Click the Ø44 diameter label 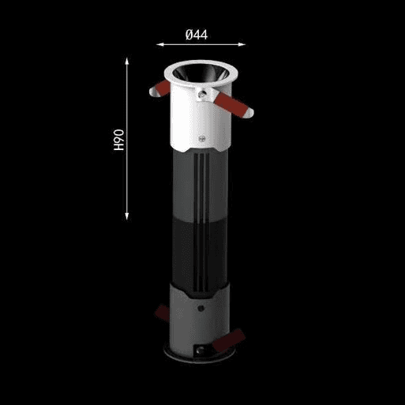coord(197,35)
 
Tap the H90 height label coord(119,140)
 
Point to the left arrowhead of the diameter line coord(160,44)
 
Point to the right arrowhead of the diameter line coord(242,44)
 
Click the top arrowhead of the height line coord(127,61)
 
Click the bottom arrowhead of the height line coord(127,216)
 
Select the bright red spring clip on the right coord(231,104)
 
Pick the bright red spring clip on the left coord(163,88)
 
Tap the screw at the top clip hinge coord(202,94)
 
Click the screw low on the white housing coord(202,138)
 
